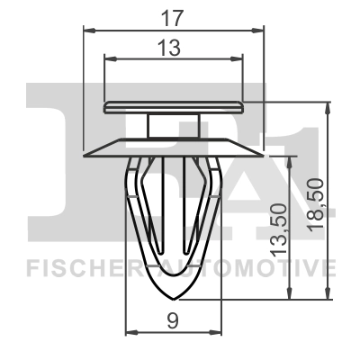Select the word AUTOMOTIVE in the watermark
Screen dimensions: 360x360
pyautogui.click(x=261, y=267)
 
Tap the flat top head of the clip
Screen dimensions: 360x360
pyautogui.click(x=175, y=107)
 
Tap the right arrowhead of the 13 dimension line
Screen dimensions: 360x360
pyautogui.click(x=240, y=58)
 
